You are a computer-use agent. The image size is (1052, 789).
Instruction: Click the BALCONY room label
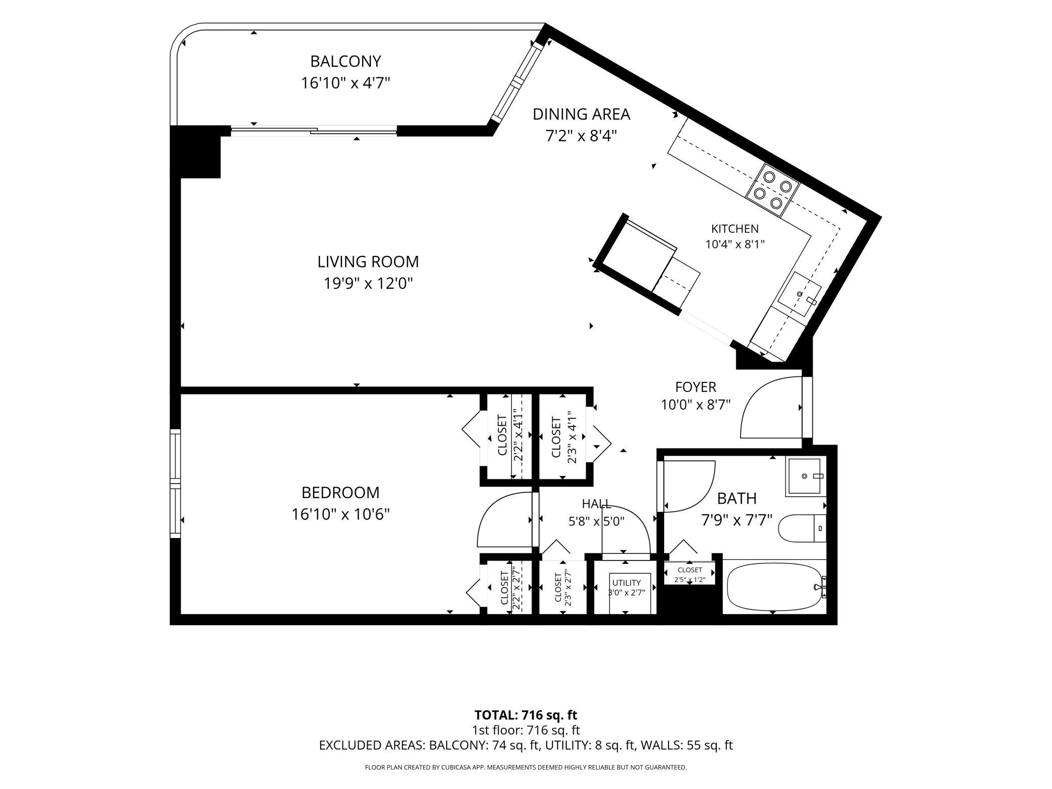(345, 61)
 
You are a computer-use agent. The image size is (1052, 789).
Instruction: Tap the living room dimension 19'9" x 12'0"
(368, 284)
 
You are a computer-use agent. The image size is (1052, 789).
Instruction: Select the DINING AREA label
(581, 114)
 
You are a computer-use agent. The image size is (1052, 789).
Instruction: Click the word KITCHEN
(735, 229)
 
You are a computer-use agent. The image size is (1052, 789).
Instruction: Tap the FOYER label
(695, 387)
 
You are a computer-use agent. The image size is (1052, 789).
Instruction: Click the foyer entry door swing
(771, 407)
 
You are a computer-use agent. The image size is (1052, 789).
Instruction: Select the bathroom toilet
(802, 528)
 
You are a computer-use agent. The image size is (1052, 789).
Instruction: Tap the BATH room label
(737, 499)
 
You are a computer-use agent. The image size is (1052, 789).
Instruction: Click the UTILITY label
(627, 583)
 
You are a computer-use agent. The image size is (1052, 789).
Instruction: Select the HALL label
(596, 504)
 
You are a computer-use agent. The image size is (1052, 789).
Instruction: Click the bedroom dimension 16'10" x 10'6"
(340, 514)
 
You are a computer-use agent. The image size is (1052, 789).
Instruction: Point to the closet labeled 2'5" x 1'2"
(690, 574)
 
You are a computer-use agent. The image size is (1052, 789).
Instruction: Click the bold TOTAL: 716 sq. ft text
(525, 715)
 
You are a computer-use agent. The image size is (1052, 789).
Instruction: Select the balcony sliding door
(314, 131)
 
